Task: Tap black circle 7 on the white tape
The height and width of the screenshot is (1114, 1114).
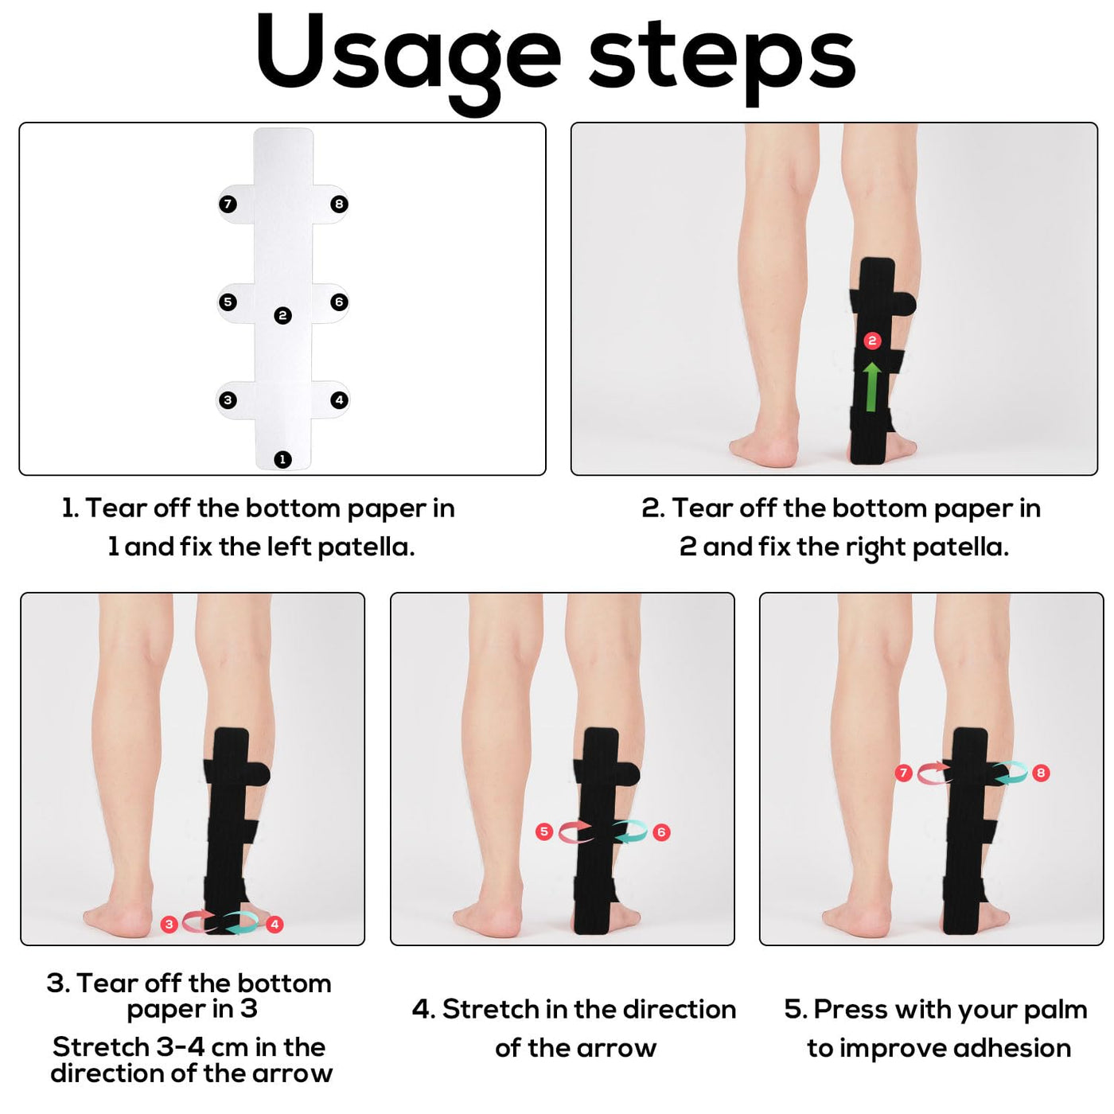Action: pyautogui.click(x=228, y=204)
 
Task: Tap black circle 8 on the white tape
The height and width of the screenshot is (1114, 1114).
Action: pyautogui.click(x=339, y=204)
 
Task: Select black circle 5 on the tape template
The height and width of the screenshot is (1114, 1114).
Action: pyautogui.click(x=228, y=302)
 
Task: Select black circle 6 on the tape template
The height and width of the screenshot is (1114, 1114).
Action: pyautogui.click(x=339, y=302)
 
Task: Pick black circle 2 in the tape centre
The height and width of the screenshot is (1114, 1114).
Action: pyautogui.click(x=282, y=316)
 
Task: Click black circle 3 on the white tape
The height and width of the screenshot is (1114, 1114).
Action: pyautogui.click(x=228, y=400)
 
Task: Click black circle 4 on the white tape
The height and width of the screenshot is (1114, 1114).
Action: pyautogui.click(x=339, y=400)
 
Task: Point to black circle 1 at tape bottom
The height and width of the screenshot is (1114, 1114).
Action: pyautogui.click(x=282, y=460)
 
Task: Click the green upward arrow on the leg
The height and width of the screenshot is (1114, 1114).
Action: pyautogui.click(x=872, y=387)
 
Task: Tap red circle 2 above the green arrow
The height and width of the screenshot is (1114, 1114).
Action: pyautogui.click(x=872, y=341)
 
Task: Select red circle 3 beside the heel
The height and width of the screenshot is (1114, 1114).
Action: pyautogui.click(x=169, y=925)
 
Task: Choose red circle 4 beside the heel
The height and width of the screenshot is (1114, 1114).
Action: pyautogui.click(x=275, y=925)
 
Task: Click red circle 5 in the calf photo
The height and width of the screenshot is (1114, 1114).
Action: pyautogui.click(x=544, y=832)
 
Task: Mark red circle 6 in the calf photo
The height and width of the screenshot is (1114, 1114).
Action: pyautogui.click(x=661, y=832)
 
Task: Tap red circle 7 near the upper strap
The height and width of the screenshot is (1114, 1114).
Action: pyautogui.click(x=904, y=773)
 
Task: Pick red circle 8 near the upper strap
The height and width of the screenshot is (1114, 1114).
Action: pyautogui.click(x=1041, y=773)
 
